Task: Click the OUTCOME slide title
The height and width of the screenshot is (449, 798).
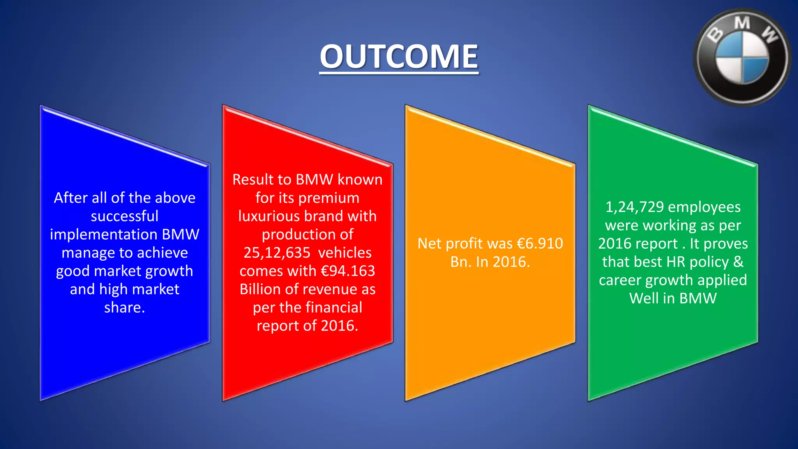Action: click(x=399, y=57)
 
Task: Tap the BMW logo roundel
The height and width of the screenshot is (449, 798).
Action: click(x=742, y=58)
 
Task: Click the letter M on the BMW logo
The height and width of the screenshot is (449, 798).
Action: click(x=742, y=23)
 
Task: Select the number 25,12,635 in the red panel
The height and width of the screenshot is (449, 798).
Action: click(x=277, y=253)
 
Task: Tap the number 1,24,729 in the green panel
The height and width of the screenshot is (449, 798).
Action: click(x=634, y=207)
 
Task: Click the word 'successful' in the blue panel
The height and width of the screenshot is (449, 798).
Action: click(x=125, y=216)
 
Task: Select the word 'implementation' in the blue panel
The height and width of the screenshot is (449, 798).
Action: click(x=103, y=235)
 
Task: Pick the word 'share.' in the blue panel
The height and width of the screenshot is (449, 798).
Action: click(x=125, y=308)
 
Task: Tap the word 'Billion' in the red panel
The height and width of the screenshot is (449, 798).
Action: click(x=260, y=289)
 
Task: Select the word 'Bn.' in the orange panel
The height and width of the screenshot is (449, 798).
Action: click(x=461, y=262)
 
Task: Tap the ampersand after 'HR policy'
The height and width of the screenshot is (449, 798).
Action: click(x=738, y=262)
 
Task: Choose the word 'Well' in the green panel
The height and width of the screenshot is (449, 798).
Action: click(x=644, y=299)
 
